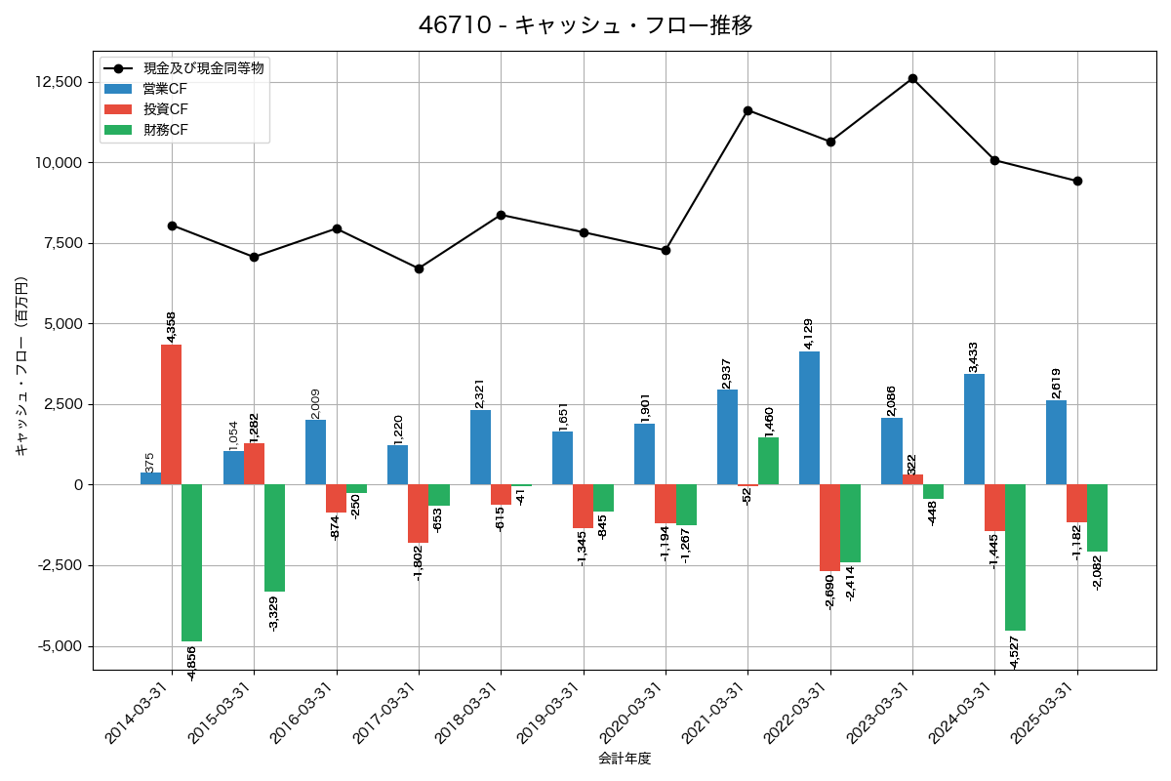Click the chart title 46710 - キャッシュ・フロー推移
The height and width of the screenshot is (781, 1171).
585,25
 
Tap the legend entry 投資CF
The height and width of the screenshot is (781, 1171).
165,109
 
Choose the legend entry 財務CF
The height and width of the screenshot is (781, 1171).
165,130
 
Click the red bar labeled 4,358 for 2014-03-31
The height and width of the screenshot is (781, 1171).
172,414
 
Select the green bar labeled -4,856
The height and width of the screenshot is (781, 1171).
192,562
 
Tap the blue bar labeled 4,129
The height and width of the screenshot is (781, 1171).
809,418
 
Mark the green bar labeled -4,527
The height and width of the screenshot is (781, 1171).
1015,557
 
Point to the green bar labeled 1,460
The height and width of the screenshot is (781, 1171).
768,461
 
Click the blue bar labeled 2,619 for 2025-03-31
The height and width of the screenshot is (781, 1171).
1056,442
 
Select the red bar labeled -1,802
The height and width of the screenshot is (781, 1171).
418,514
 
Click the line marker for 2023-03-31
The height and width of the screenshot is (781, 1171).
912,78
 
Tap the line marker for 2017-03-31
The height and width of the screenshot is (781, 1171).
419,268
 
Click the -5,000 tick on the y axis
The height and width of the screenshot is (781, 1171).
61,646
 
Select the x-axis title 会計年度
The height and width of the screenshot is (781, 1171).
625,759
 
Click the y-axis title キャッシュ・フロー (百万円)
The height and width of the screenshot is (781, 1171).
21,366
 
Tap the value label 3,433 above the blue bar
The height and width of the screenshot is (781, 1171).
974,355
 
